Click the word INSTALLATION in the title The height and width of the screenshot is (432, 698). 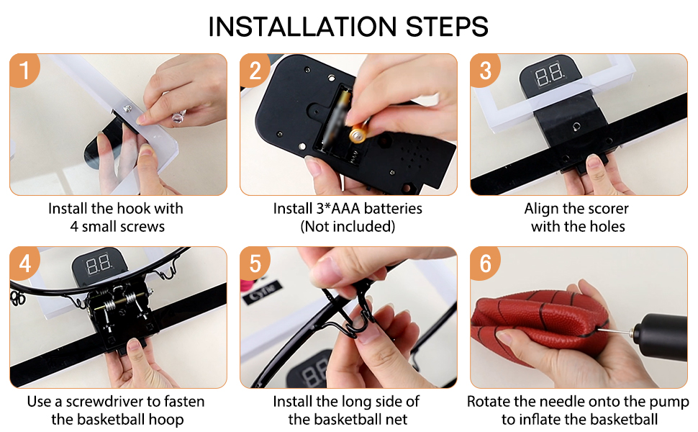coord(302,26)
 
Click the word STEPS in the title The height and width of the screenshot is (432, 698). coord(447,26)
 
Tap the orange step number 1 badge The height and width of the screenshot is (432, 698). coord(24,70)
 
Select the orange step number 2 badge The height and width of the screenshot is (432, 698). coord(255,70)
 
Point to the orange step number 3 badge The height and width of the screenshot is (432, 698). coord(485,70)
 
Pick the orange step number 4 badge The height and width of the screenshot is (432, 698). coord(24,264)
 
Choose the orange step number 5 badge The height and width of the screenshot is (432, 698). coord(255,264)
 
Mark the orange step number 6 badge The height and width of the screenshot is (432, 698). coord(485,264)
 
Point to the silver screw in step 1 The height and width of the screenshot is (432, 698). coord(127,108)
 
